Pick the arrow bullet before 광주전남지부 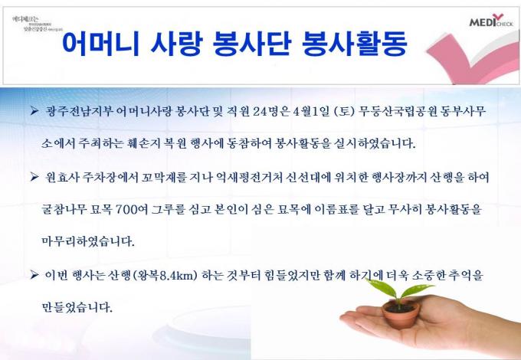34,112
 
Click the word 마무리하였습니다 87,241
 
